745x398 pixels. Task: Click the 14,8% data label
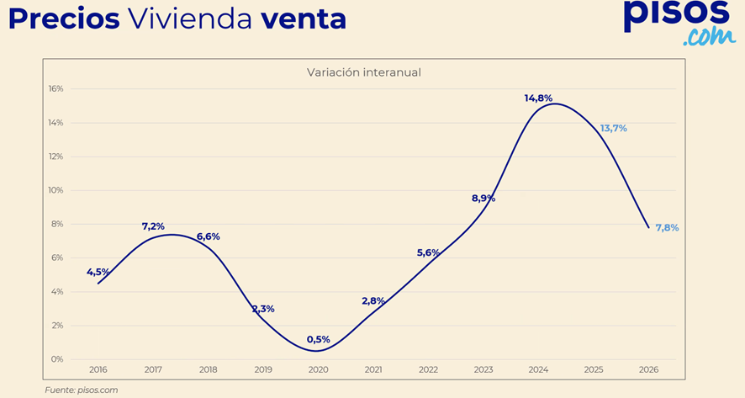coord(538,98)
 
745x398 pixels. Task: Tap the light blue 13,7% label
coord(613,128)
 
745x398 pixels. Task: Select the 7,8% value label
coord(667,227)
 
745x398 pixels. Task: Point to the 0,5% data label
coord(318,339)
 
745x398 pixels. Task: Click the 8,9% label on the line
coord(483,199)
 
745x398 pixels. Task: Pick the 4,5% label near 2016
coord(98,272)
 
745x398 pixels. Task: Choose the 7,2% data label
coord(153,226)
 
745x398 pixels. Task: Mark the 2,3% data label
coord(263,309)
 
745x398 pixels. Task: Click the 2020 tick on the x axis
coord(318,369)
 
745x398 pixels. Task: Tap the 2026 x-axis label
coord(648,369)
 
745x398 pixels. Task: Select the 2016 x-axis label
coord(98,369)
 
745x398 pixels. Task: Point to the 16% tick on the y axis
coord(55,88)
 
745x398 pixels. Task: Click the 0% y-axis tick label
coord(58,359)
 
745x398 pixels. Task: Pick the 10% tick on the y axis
coord(55,190)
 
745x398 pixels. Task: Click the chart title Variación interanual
coord(364,72)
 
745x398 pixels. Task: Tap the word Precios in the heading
coord(64,19)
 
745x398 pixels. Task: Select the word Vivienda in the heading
coord(190,19)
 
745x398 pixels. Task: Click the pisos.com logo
coord(679,22)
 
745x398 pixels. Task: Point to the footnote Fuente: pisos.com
coord(81,390)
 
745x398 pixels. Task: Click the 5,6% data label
coord(428,252)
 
